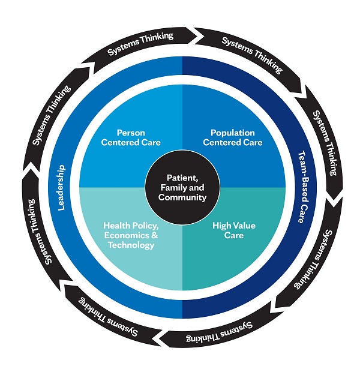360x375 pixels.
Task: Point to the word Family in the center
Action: pyautogui.click(x=170, y=188)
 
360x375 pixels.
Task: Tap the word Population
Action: pyautogui.click(x=233, y=133)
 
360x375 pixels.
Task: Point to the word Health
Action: pyautogui.click(x=116, y=226)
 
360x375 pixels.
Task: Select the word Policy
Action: pyautogui.click(x=143, y=226)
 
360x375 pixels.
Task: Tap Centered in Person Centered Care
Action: pyautogui.click(x=119, y=142)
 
